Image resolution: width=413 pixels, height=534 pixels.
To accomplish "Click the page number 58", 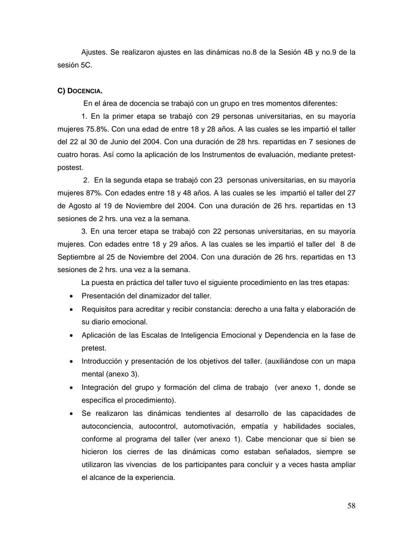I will click(x=351, y=506).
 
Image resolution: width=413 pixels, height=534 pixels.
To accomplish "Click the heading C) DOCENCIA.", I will click(x=80, y=91).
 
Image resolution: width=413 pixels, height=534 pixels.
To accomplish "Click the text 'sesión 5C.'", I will click(x=75, y=65).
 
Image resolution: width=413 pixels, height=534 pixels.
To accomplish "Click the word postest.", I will click(x=70, y=167).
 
